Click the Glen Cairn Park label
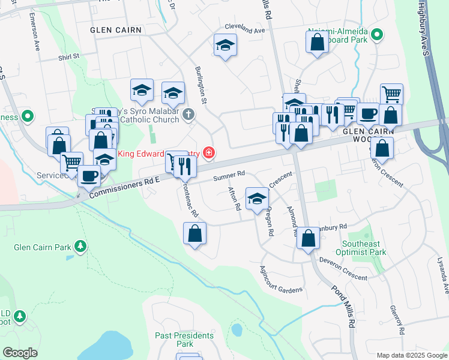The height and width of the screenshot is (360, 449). click(39, 247)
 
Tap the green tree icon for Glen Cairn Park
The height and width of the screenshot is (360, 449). click(79, 247)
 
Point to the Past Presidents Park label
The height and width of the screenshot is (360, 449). click(184, 340)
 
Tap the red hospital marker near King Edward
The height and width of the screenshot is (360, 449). click(208, 153)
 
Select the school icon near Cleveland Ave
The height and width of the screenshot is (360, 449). click(225, 46)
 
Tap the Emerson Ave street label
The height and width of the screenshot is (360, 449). click(34, 36)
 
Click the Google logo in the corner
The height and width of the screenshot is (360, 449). click(20, 353)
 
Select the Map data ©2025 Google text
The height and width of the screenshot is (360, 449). click(411, 355)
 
